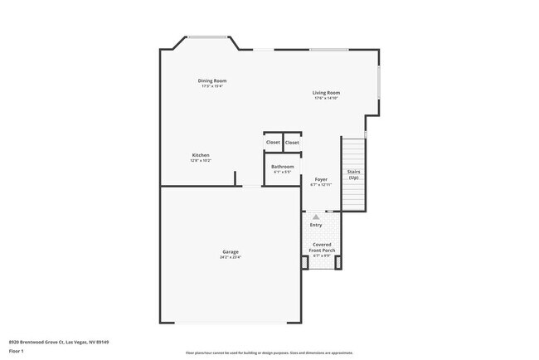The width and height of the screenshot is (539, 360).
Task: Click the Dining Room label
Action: tap(212, 80)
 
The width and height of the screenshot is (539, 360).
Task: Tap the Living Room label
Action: tap(326, 93)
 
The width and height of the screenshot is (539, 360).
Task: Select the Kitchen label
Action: tap(201, 155)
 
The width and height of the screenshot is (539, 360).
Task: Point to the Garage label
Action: tap(231, 251)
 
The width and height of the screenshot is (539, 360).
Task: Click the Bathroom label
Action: tap(283, 166)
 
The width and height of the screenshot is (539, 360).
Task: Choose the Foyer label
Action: tap(321, 179)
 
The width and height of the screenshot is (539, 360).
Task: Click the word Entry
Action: tap(316, 225)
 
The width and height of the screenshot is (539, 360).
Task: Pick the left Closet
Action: tap(273, 142)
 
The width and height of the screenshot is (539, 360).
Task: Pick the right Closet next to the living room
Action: tap(292, 142)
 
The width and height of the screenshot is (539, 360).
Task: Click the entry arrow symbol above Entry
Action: tap(316, 216)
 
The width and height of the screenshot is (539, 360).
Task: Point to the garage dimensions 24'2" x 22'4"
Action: tap(231, 257)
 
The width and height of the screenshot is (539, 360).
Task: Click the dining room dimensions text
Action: tap(212, 86)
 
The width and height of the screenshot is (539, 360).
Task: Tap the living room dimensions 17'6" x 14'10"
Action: tap(326, 99)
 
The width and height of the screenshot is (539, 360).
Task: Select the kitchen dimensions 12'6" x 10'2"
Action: tap(201, 160)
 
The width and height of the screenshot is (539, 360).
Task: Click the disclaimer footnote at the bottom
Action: tap(269, 353)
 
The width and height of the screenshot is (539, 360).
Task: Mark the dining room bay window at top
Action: tap(208, 36)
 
